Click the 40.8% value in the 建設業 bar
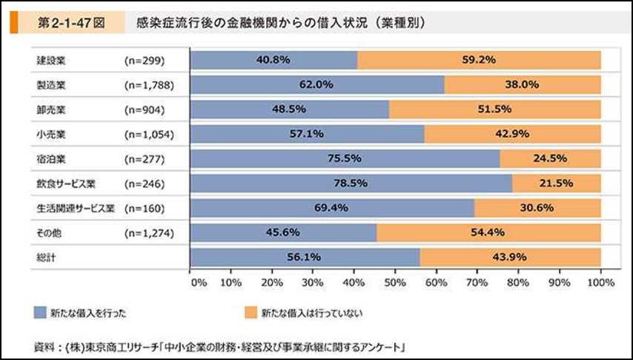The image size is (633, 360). [x=274, y=60]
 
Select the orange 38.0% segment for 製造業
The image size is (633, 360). [x=523, y=84]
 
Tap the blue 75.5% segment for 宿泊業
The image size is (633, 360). [x=345, y=158]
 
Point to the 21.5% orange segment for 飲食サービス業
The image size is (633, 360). [x=556, y=182]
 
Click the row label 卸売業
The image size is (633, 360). [x=51, y=110]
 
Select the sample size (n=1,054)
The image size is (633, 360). [x=149, y=134]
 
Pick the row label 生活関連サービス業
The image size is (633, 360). [x=75, y=207]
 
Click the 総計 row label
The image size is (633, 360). [x=47, y=256]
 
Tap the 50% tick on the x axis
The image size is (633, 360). [x=395, y=282]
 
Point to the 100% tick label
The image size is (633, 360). [x=600, y=282]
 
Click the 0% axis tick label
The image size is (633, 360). [x=197, y=282]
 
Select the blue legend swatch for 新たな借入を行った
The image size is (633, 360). [x=40, y=313]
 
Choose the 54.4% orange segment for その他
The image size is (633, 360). [x=488, y=232]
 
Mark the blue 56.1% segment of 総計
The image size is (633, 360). [x=305, y=256]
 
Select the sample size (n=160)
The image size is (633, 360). [x=144, y=207]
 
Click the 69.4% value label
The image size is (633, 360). [x=331, y=207]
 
